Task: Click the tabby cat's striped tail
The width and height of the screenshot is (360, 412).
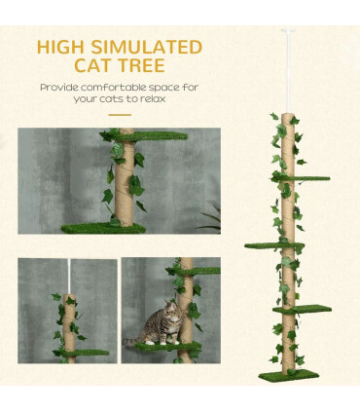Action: click(130, 341)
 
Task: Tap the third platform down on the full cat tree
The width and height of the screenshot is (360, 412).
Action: click(302, 310)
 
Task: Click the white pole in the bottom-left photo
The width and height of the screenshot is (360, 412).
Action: click(68, 278)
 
